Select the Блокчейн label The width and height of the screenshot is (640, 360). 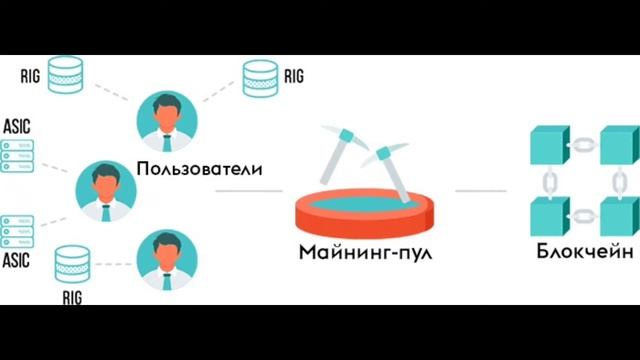[x=585, y=252]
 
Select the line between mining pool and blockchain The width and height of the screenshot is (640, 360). [x=480, y=189]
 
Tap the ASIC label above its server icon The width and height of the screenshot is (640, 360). [x=19, y=127]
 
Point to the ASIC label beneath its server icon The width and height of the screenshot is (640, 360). [x=19, y=260]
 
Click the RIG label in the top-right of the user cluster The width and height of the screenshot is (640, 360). [x=293, y=75]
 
